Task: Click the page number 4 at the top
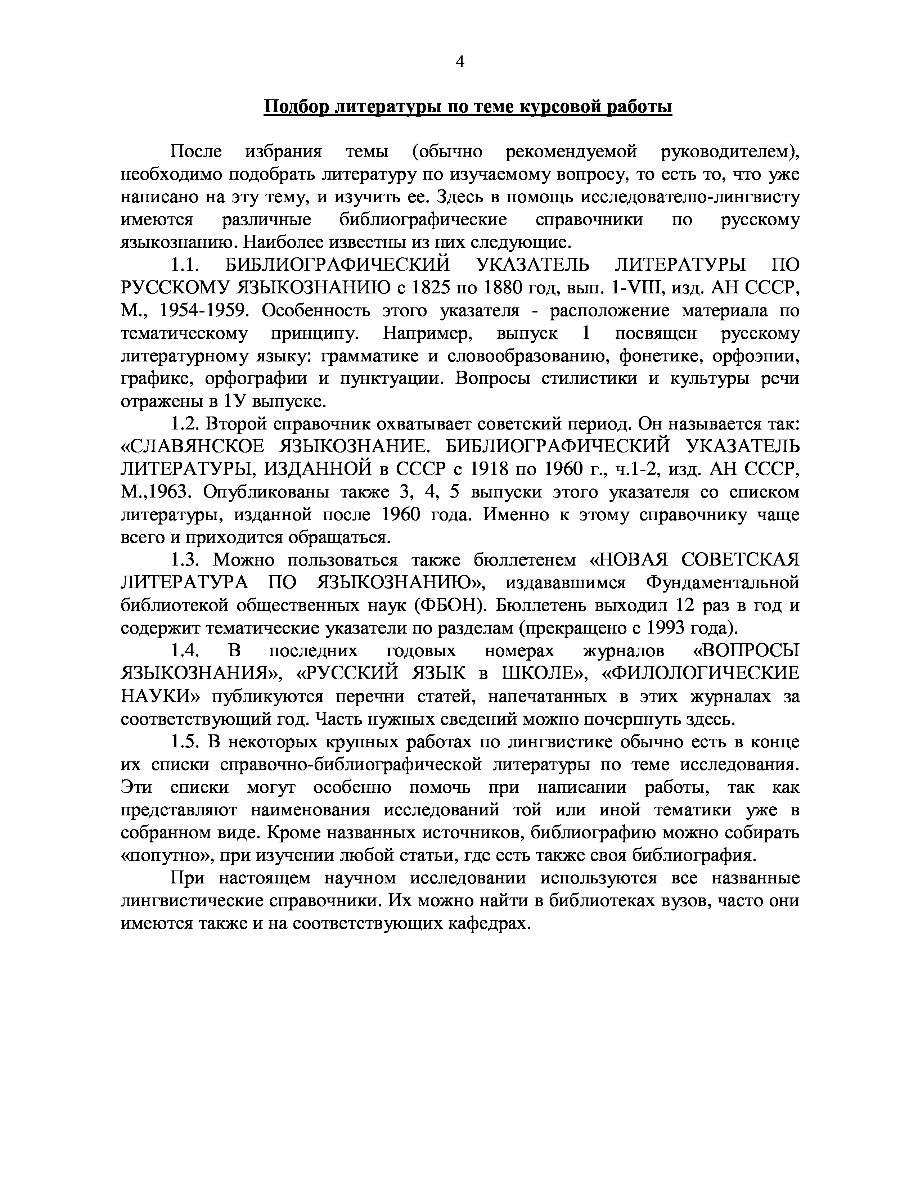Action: point(460,63)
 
